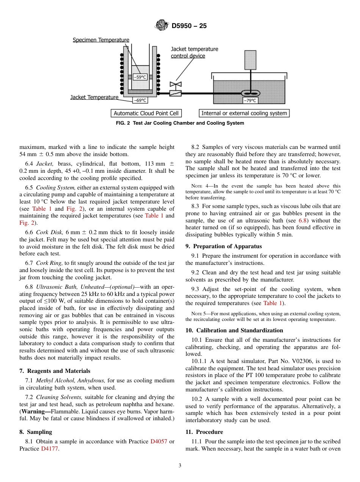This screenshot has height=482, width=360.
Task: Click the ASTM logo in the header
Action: click(162, 26)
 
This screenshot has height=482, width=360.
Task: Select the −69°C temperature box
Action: click(140, 100)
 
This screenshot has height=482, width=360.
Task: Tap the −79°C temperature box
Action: click(250, 100)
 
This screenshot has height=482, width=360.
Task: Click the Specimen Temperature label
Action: click(101, 40)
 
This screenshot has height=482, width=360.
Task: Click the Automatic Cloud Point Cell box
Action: click(146, 113)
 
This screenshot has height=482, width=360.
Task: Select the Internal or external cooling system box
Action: click(244, 113)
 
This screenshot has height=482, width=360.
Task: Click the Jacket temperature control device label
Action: click(194, 52)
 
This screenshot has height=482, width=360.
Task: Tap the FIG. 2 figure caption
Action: click(180, 123)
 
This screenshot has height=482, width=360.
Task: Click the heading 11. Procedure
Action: click(204, 432)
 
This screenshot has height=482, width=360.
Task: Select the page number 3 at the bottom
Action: click(180, 466)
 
